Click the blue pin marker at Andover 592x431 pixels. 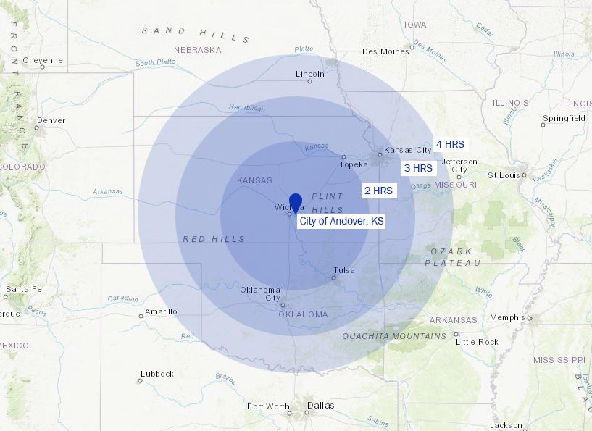coord(296,202)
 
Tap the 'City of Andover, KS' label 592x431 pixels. coord(341,220)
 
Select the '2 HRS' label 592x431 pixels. coord(378,191)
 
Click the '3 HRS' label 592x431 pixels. coord(418,168)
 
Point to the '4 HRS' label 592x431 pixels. coord(450,144)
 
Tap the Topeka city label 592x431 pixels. coord(354,164)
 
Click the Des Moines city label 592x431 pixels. coord(385,51)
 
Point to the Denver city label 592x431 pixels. coord(51,120)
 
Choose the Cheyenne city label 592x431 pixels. coord(43,60)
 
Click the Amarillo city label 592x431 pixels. coord(160,311)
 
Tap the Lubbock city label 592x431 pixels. coord(157,374)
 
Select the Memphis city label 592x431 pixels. coord(507,317)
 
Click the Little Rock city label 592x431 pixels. coord(477,341)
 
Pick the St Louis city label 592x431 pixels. coord(503,175)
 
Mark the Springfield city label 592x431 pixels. coord(564,118)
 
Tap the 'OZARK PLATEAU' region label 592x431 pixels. coord(456,257)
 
